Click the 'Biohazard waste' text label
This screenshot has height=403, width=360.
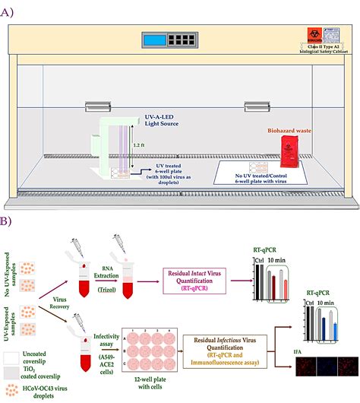point(288,131)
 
